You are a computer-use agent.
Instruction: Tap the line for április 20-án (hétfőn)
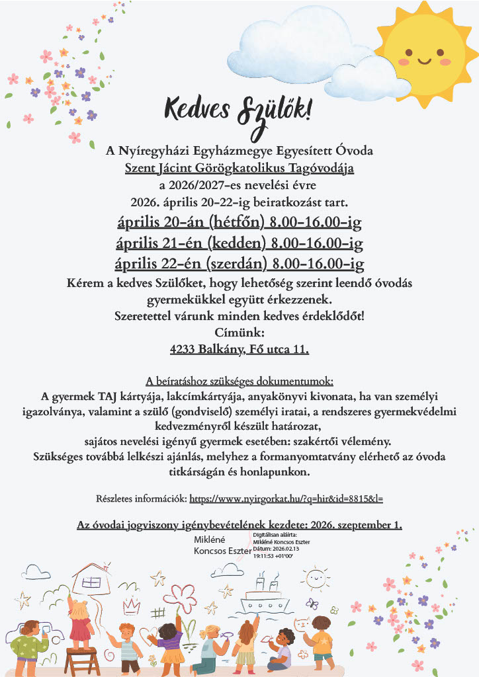click(239, 221)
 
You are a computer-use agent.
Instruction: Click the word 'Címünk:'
click(239, 332)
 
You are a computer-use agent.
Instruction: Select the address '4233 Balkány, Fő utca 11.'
click(239, 348)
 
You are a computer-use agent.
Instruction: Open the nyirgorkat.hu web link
click(286, 498)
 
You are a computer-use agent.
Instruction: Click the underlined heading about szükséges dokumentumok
click(239, 381)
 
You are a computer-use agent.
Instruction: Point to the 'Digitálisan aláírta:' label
click(276, 535)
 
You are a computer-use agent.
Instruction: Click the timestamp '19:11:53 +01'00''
click(274, 557)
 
